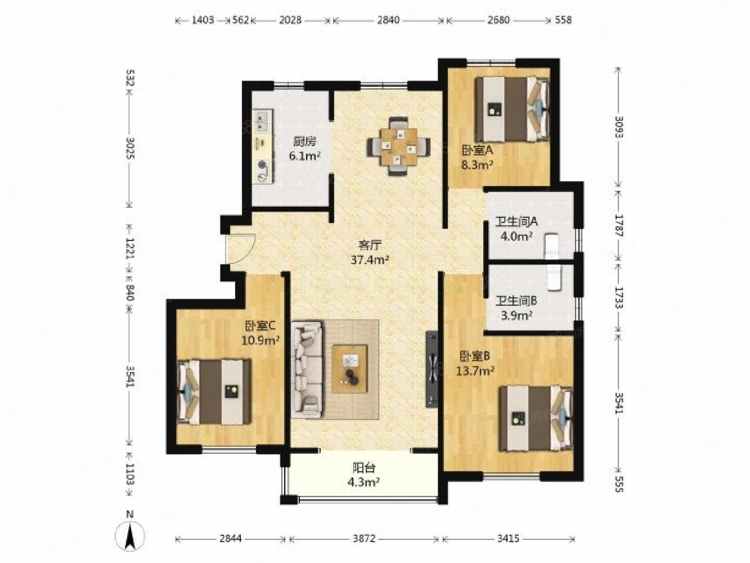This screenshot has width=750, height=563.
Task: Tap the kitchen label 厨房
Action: pyautogui.click(x=305, y=141)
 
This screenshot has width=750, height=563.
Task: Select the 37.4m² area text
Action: pyautogui.click(x=370, y=260)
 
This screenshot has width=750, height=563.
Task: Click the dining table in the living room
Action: pyautogui.click(x=399, y=146)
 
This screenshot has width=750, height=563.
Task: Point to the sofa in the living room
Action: pyautogui.click(x=307, y=369)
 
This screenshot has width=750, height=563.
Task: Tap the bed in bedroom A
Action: pyautogui.click(x=513, y=109)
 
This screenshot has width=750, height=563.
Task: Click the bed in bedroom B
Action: pyautogui.click(x=536, y=418)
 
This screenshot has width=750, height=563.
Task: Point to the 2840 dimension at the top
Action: pyautogui.click(x=388, y=20)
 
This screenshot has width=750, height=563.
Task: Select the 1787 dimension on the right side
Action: pyautogui.click(x=619, y=225)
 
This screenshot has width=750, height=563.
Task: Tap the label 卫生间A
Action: pyautogui.click(x=517, y=222)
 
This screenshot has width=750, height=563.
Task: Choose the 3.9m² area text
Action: pyautogui.click(x=517, y=315)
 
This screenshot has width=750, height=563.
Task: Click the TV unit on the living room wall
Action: pyautogui.click(x=432, y=369)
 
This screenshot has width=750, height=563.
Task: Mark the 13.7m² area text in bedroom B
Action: pyautogui.click(x=475, y=370)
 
